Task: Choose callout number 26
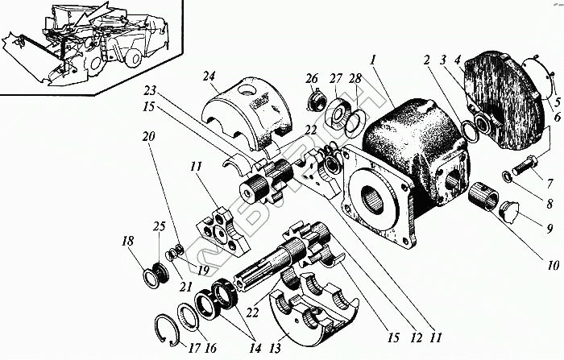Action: [x=312, y=78]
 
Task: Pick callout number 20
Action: [x=147, y=137]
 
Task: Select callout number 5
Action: [x=555, y=102]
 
